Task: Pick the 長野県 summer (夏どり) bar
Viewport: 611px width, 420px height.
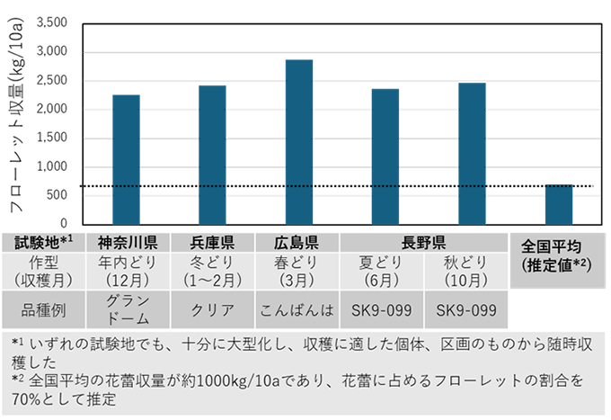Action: coord(385,156)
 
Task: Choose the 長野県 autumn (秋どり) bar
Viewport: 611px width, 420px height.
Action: coord(472,154)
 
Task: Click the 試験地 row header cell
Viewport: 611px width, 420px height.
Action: coord(44,242)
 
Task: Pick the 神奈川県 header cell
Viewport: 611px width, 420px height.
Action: coord(128,242)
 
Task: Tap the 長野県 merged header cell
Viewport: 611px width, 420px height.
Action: coord(424,242)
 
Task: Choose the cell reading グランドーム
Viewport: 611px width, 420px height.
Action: coord(128,309)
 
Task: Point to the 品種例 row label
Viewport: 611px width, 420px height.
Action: coord(44,309)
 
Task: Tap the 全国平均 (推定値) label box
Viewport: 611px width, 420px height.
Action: coord(555,255)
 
